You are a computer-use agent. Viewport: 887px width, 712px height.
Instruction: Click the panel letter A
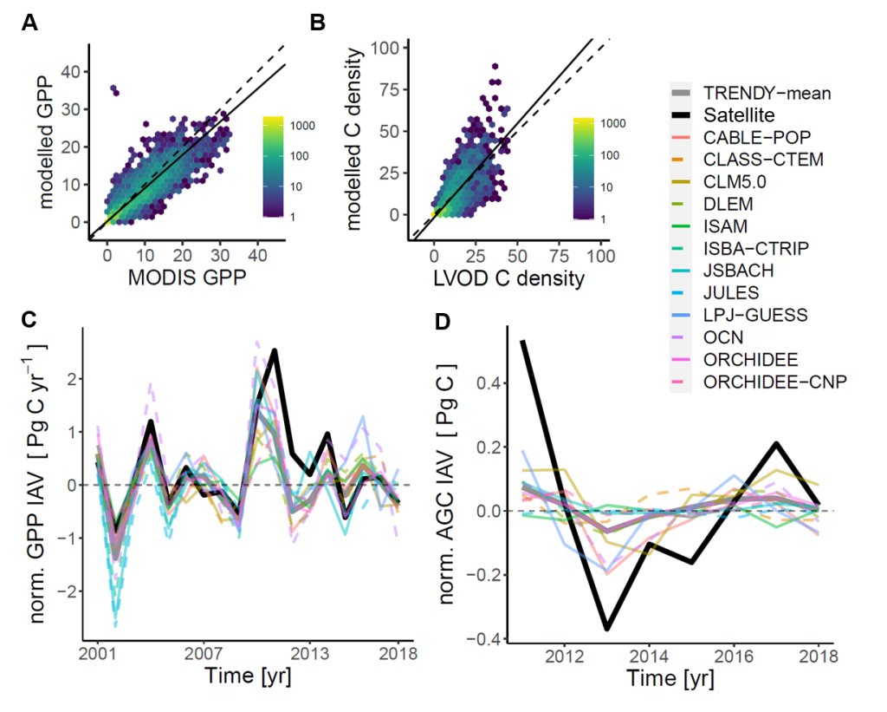pos(29,23)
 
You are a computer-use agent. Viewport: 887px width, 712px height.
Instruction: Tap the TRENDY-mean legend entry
pos(762,92)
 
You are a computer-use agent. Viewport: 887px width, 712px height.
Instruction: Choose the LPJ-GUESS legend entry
pos(750,315)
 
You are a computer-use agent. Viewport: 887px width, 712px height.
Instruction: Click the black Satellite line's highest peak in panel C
pos(275,350)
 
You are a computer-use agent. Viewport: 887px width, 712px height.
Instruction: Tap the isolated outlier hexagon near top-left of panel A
pos(113,89)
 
